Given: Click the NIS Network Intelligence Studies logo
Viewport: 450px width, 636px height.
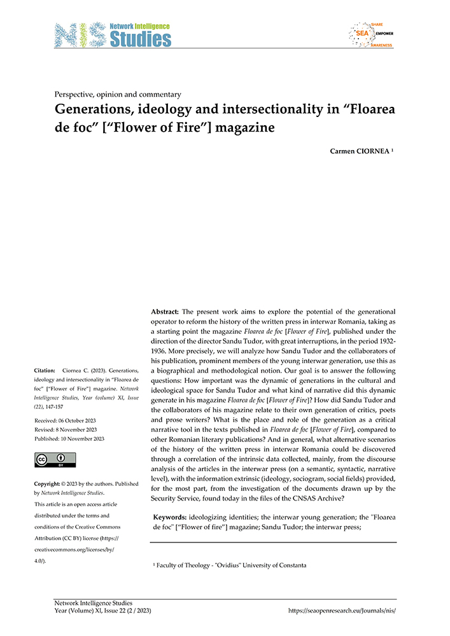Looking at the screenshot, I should pos(113,35).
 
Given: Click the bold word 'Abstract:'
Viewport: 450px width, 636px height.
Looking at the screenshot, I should pos(165,312).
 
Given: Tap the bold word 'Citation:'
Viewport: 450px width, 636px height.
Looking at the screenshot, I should pos(46,370).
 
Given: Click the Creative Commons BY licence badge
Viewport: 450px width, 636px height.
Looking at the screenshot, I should pos(55,460).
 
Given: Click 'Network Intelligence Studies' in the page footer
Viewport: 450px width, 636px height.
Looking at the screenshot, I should pos(93,602).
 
